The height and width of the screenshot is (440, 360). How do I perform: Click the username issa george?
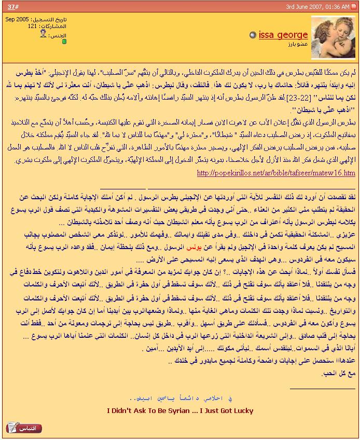(283, 35)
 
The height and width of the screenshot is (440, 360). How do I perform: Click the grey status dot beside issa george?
(253, 35)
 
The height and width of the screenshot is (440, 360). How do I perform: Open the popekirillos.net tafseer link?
(276, 173)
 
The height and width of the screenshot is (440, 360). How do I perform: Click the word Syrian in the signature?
(174, 411)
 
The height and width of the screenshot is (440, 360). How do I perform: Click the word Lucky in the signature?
(242, 411)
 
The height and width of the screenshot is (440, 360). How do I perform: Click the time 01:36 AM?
(340, 6)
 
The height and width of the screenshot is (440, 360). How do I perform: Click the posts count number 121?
(33, 26)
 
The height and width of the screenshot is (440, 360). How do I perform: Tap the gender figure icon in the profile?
(43, 34)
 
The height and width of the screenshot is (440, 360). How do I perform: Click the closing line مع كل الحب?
(339, 373)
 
